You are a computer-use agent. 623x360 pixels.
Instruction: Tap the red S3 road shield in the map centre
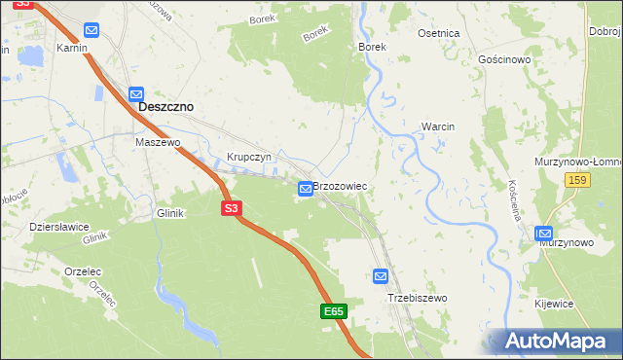click(231, 208)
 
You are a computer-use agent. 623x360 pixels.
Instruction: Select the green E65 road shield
click(334, 311)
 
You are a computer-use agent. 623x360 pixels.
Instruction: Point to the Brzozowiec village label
click(340, 184)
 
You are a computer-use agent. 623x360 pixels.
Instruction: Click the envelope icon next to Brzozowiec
click(306, 188)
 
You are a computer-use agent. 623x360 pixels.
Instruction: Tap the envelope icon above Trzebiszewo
click(381, 276)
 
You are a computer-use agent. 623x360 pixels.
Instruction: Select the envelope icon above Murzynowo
click(544, 234)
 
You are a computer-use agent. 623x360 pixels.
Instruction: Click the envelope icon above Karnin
click(92, 31)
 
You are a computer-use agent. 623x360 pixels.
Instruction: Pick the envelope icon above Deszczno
click(137, 92)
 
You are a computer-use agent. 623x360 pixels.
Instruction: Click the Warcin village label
click(438, 126)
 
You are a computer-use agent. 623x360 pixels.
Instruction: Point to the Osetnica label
click(438, 33)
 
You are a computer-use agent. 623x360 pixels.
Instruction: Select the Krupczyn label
click(247, 157)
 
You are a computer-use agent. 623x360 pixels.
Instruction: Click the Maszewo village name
click(158, 142)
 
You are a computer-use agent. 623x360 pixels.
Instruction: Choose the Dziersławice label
click(59, 226)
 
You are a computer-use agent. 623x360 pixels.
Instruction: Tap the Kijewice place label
click(554, 304)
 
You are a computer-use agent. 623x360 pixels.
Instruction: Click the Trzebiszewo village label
click(416, 298)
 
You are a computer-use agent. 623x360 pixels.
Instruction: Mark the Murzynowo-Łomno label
click(578, 161)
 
